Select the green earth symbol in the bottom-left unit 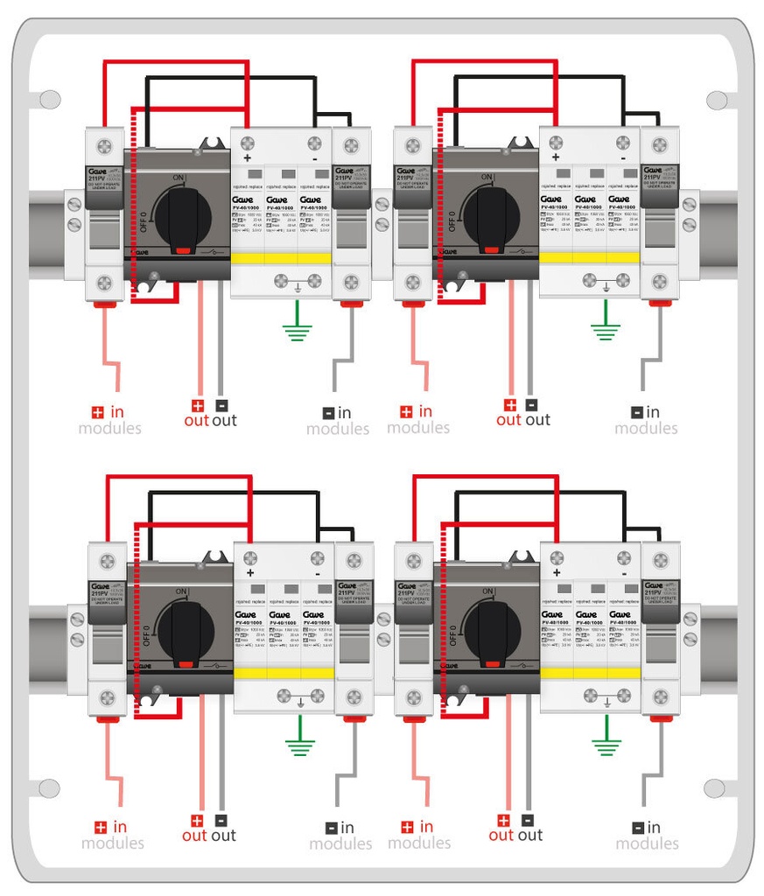pyautogui.click(x=300, y=745)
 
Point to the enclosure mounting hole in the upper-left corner pyautogui.click(x=49, y=99)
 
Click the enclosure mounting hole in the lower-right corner pyautogui.click(x=716, y=787)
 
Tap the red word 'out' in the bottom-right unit pyautogui.click(x=501, y=836)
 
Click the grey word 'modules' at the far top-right pyautogui.click(x=646, y=428)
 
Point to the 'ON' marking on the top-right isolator pyautogui.click(x=488, y=178)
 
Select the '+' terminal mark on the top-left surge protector pyautogui.click(x=248, y=158)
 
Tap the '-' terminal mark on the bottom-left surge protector pyautogui.click(x=317, y=572)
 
